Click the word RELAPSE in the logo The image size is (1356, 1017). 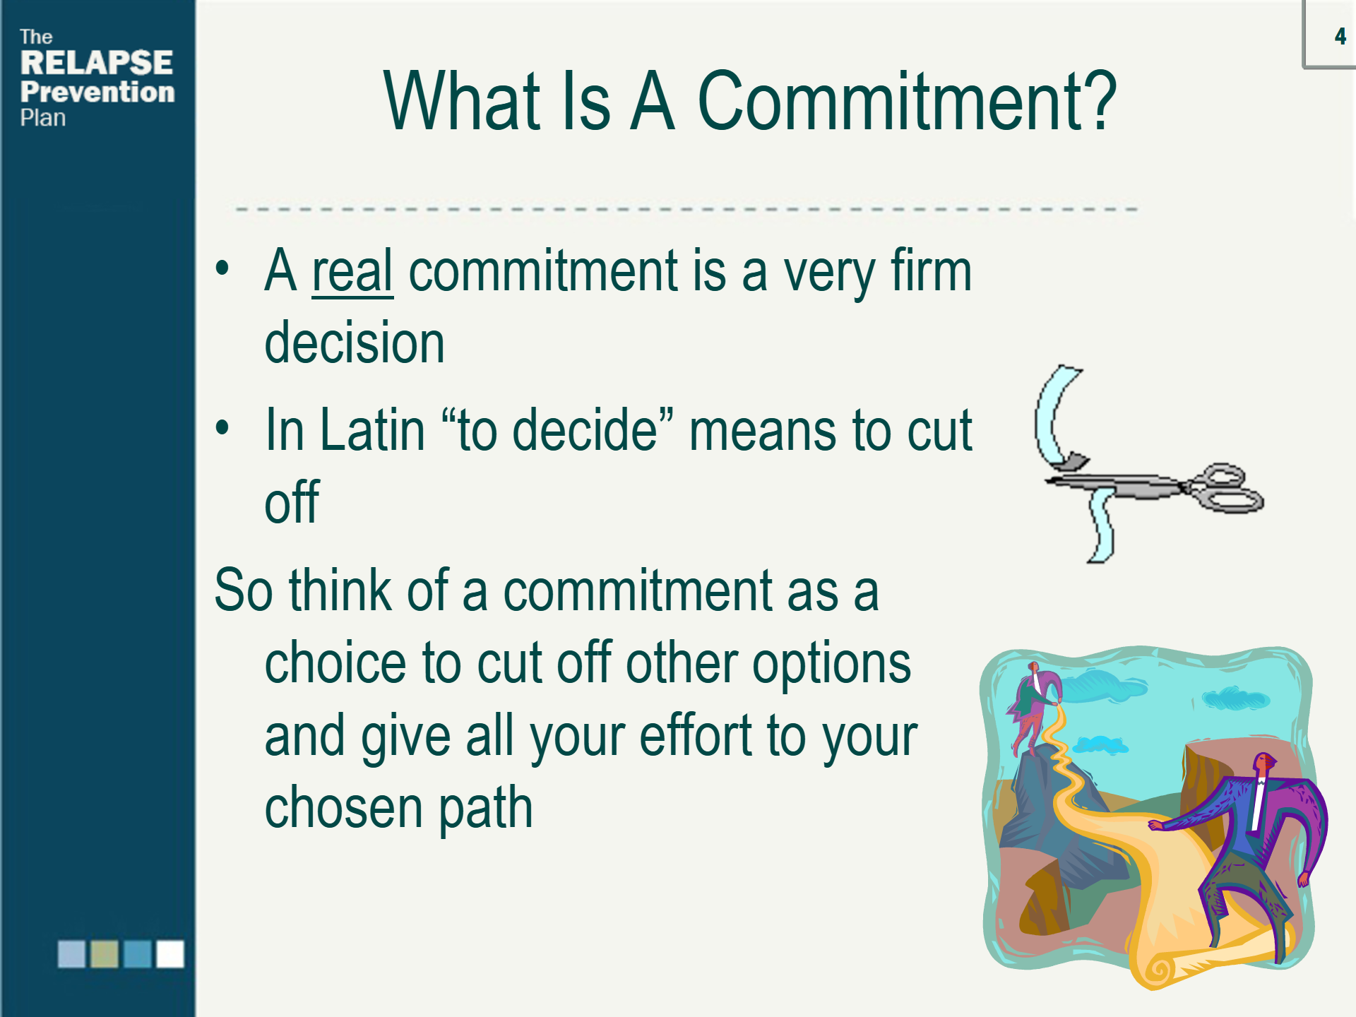tap(97, 62)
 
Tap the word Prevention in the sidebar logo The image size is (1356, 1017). tap(97, 92)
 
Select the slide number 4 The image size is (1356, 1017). tap(1340, 36)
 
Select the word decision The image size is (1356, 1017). tap(355, 343)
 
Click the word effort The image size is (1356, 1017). tap(696, 735)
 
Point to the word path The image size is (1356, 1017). tap(486, 809)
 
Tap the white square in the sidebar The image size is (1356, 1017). tap(170, 953)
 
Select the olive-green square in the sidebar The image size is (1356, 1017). tap(105, 953)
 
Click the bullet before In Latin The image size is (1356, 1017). tap(222, 427)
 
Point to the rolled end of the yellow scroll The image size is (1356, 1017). tap(1159, 968)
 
